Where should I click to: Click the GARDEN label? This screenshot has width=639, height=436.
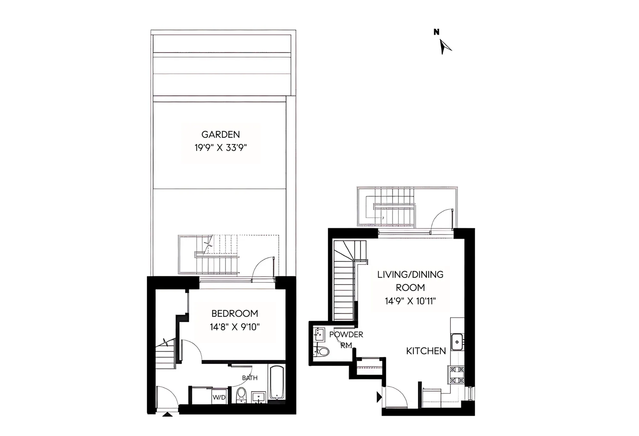tap(220, 134)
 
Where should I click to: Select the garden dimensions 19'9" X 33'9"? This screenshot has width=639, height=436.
tap(220, 148)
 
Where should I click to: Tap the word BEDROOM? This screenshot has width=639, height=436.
tap(235, 313)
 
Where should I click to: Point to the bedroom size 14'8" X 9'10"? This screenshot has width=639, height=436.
tap(235, 327)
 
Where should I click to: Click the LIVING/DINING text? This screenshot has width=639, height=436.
tap(410, 274)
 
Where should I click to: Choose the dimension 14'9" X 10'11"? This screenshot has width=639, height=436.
tap(410, 301)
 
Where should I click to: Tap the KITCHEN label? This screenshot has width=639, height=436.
tap(426, 351)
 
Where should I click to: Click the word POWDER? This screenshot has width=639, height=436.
tap(346, 335)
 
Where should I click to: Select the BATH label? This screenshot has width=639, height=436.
tap(250, 378)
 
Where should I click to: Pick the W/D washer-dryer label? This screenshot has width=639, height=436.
tap(219, 398)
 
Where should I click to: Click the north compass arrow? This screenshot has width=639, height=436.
tap(444, 47)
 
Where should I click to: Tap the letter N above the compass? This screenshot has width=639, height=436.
tap(436, 32)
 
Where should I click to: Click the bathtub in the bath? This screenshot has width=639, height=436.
tap(277, 383)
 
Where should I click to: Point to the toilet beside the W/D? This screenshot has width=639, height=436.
tap(241, 395)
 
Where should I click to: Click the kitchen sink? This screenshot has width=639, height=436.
tap(457, 342)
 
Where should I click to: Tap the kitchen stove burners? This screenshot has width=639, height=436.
tap(457, 375)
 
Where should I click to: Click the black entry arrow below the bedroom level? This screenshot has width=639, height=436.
tap(167, 415)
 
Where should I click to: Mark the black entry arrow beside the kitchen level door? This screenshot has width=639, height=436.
tap(379, 397)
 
